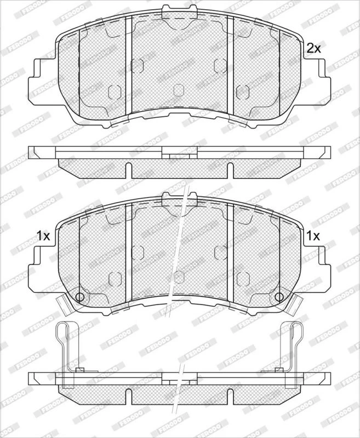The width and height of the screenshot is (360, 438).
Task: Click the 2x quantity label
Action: [x=313, y=49]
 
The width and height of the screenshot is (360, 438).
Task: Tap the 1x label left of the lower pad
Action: [x=43, y=236]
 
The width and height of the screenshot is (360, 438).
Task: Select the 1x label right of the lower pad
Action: [x=313, y=236]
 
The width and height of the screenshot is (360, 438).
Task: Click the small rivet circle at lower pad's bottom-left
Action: [x=79, y=297]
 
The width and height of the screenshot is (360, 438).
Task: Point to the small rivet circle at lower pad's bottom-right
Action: [x=279, y=297]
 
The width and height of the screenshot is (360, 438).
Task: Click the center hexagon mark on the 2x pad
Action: [x=179, y=90]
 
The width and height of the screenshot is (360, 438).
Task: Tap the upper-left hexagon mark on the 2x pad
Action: [x=137, y=66]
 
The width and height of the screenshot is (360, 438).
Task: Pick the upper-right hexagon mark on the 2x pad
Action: [x=220, y=66]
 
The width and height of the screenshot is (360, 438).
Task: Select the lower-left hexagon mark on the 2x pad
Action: [x=115, y=91]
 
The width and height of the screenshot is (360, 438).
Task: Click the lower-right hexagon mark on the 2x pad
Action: [x=243, y=91]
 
